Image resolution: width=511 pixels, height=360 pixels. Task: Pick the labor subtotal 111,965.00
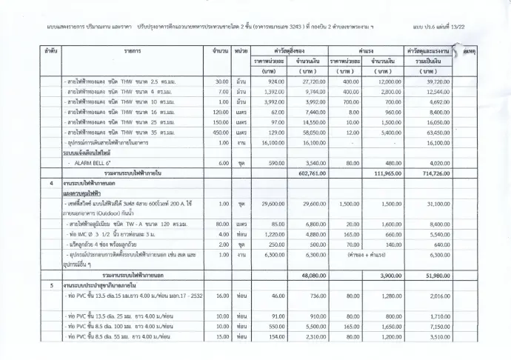pos(387,172)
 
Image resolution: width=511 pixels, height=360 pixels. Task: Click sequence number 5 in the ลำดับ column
pos(51,284)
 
